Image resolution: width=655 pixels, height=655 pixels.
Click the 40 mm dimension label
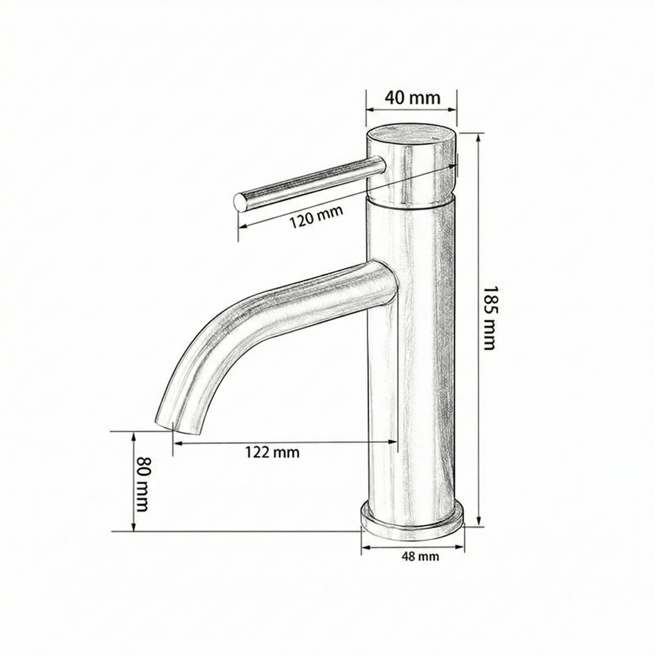pyautogui.click(x=412, y=98)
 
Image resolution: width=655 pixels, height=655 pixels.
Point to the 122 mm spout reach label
pyautogui.click(x=272, y=452)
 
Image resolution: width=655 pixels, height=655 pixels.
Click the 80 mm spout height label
pyautogui.click(x=143, y=484)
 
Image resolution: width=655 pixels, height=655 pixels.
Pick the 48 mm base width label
pyautogui.click(x=420, y=556)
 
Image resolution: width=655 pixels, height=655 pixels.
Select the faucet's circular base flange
pyautogui.click(x=412, y=519)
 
